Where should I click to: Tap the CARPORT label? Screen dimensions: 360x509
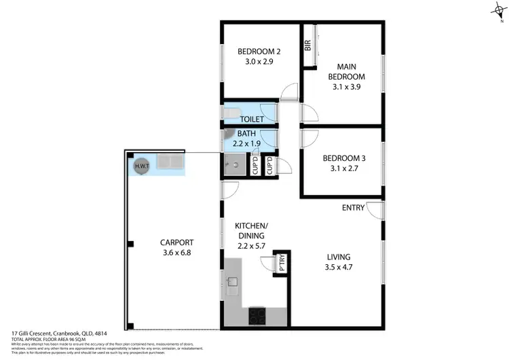click(x=177, y=242)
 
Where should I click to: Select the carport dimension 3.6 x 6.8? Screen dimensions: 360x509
click(x=177, y=253)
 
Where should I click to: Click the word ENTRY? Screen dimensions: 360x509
click(x=354, y=208)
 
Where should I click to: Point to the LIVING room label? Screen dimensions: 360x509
click(x=338, y=257)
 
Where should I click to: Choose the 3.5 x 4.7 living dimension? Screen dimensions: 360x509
click(x=338, y=268)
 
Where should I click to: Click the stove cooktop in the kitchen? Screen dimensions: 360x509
click(x=259, y=315)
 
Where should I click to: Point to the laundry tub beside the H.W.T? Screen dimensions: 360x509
click(x=169, y=162)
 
